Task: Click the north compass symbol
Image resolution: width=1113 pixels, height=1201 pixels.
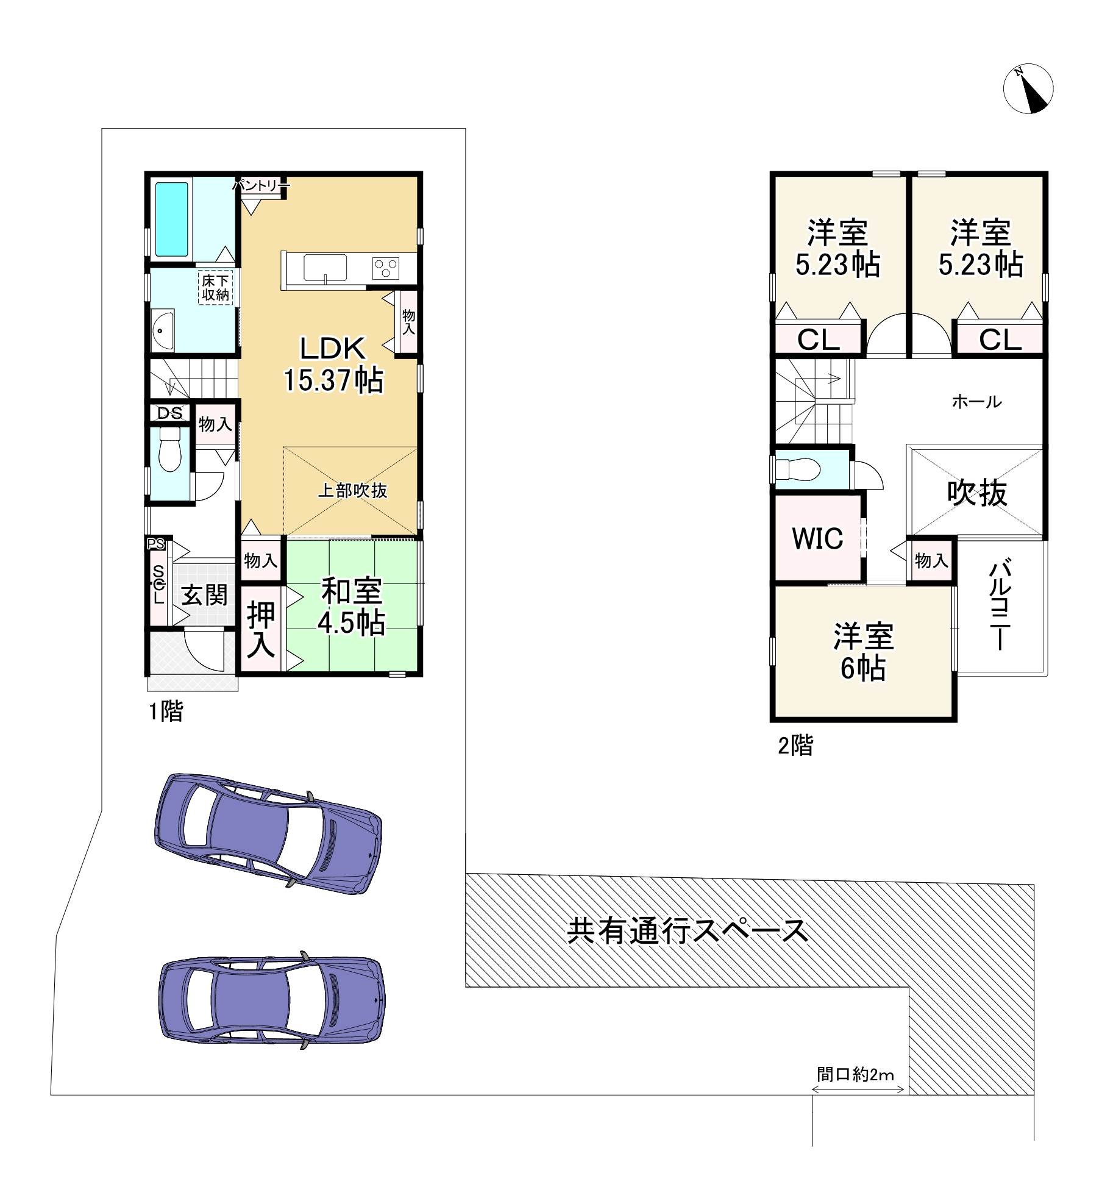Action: pyautogui.click(x=1028, y=88)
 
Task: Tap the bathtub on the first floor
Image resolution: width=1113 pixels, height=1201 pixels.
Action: pyautogui.click(x=171, y=219)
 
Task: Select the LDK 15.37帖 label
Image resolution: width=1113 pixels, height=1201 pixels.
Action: pyautogui.click(x=333, y=365)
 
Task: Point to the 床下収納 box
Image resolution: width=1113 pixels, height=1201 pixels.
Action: pyautogui.click(x=216, y=288)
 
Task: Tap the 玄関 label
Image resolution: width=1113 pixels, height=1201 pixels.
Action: pyautogui.click(x=204, y=596)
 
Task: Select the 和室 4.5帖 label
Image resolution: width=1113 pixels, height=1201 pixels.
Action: pyautogui.click(x=352, y=607)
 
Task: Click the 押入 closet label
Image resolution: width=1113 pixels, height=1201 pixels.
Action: pyautogui.click(x=261, y=630)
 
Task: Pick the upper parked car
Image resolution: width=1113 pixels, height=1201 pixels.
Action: pyautogui.click(x=268, y=833)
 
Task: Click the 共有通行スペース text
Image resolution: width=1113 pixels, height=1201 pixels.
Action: pyautogui.click(x=688, y=931)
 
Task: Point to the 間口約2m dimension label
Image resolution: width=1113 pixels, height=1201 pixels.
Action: pyautogui.click(x=855, y=1074)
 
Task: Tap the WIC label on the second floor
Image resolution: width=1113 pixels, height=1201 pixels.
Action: pyautogui.click(x=817, y=538)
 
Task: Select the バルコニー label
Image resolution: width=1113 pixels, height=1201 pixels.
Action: pyautogui.click(x=1000, y=606)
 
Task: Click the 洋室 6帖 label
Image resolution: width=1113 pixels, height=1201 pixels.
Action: pyautogui.click(x=863, y=652)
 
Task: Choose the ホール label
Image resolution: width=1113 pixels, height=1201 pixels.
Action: pyautogui.click(x=976, y=401)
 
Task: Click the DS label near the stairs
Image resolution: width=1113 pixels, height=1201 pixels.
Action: pyautogui.click(x=169, y=413)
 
